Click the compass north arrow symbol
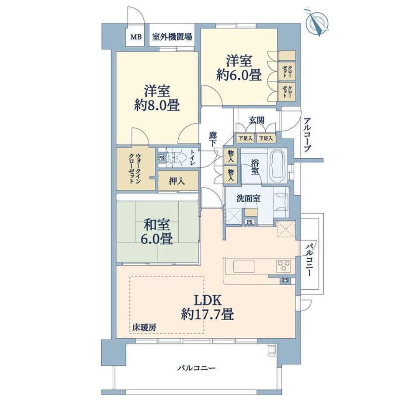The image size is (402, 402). [x=317, y=23]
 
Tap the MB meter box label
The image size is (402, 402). [x=136, y=37]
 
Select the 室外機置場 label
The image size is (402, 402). [x=172, y=37]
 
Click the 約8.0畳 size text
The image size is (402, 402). [x=157, y=105]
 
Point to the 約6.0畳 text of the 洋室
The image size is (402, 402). [x=239, y=75]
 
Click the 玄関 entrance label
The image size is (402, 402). [x=256, y=120]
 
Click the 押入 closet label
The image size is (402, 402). [x=177, y=181]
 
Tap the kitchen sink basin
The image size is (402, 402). [x=244, y=267]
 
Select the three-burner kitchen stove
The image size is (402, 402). [x=284, y=266]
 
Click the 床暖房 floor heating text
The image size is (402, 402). [x=144, y=327]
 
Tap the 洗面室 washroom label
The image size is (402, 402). [x=248, y=198]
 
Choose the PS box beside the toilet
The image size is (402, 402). [x=161, y=158]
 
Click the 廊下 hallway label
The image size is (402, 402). [x=212, y=139]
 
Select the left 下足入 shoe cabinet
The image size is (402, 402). [x=245, y=139]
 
